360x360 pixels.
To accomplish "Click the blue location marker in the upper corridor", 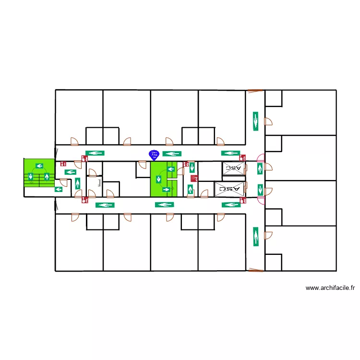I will (154, 155).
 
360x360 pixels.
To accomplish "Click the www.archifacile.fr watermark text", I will (330, 288).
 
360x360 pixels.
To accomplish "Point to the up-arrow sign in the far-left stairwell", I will (47, 176).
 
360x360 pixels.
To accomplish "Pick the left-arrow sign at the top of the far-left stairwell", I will (38, 166).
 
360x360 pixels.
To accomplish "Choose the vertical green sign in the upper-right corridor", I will (256, 121).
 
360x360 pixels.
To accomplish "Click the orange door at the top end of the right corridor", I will (255, 90).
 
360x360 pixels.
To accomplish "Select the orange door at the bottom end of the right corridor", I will (255, 271).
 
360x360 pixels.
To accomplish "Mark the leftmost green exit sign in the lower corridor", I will (105, 205).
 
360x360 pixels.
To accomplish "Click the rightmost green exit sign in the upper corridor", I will (230, 153).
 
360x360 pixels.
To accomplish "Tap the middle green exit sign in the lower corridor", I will (164, 205).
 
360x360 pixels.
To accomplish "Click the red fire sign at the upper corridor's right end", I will (242, 157).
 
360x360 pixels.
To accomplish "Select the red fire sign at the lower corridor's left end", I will (85, 200).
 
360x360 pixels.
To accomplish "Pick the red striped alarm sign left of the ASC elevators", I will (193, 179).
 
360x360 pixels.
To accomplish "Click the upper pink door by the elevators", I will (260, 158).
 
